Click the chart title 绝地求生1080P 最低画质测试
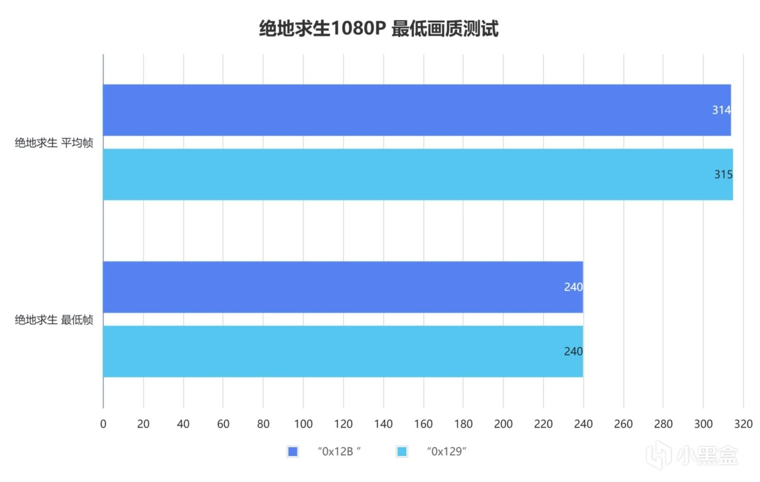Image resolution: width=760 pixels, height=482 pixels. coord(379,28)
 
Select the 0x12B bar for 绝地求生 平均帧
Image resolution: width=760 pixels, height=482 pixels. coord(416,110)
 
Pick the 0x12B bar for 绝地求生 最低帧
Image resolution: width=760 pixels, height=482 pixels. coord(342,287)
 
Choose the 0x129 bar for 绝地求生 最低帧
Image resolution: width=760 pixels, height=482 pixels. coord(342,351)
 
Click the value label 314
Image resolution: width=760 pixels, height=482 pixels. coord(721,110)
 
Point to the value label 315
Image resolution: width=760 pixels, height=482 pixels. coord(723,175)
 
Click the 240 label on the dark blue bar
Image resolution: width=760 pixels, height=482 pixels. coord(573,287)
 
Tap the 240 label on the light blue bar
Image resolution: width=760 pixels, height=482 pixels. coord(573,351)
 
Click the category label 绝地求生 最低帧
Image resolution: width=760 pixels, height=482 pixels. coord(54,320)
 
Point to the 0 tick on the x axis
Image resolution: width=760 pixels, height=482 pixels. coord(103,424)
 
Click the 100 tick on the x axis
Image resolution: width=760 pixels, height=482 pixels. coord(303,424)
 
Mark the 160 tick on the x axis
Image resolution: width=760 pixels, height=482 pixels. coord(423,424)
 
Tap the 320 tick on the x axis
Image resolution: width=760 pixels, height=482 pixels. coord(743,424)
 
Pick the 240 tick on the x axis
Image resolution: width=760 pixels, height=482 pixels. coord(583,424)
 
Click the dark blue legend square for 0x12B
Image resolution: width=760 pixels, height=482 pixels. coord(292,452)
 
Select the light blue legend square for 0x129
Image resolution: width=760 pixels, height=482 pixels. coord(402,452)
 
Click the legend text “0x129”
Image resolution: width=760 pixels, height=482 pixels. coord(446,452)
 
